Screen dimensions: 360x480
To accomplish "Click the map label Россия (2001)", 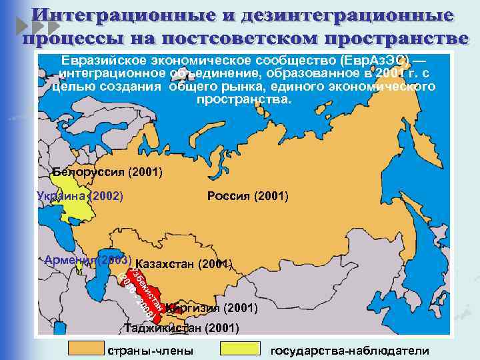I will (x=248, y=196).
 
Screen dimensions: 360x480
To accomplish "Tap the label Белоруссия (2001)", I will (x=107, y=173).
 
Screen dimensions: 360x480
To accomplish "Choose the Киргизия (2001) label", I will (x=213, y=309).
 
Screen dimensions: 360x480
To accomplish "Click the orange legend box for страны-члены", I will (x=87, y=348).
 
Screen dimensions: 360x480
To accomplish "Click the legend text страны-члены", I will (x=151, y=351).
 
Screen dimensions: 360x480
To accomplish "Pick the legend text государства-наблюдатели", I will (x=350, y=351).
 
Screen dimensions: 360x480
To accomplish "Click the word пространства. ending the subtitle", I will (x=245, y=100).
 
